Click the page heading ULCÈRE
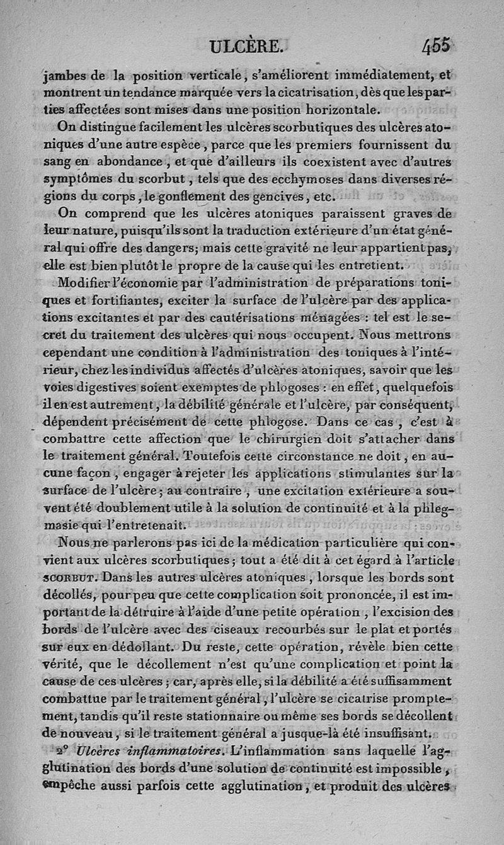(248, 47)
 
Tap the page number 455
(437, 46)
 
